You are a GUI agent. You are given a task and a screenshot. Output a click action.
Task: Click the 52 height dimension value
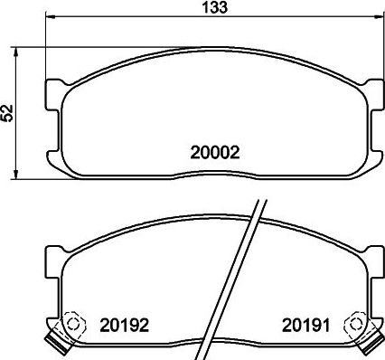pyautogui.click(x=9, y=113)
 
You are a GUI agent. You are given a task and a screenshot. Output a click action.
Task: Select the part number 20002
pyautogui.click(x=213, y=153)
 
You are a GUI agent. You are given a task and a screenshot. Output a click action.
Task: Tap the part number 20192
pyautogui.click(x=125, y=323)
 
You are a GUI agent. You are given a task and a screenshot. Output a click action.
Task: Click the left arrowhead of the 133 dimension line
pyautogui.click(x=51, y=17)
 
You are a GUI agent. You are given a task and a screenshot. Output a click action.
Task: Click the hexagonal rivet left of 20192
pyautogui.click(x=72, y=324)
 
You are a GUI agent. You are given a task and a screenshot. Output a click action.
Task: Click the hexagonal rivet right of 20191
pyautogui.click(x=358, y=324)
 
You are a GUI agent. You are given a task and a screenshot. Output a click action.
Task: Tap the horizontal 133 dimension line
pyautogui.click(x=136, y=17)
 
